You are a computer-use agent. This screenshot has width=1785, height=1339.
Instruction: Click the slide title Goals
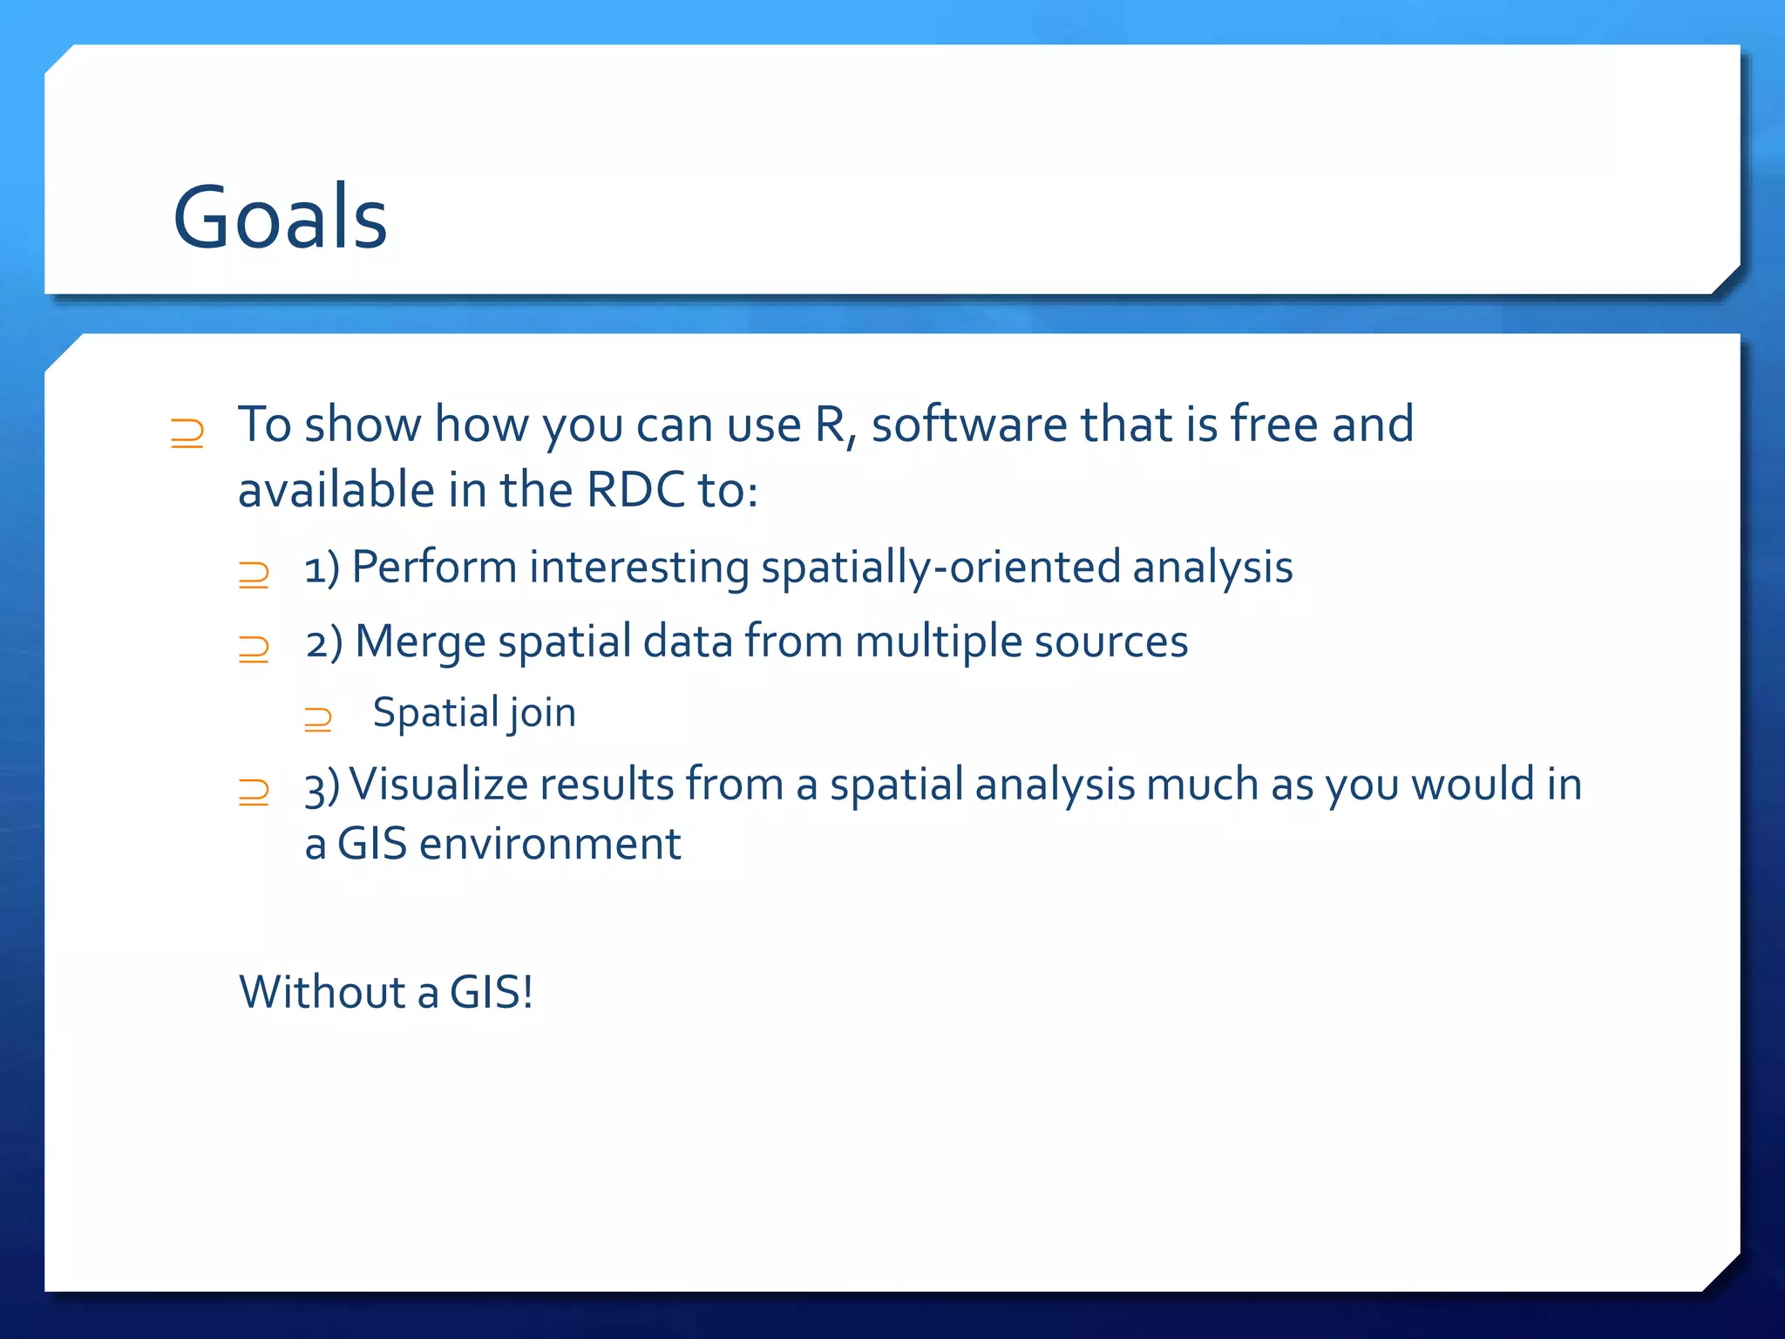coord(280,218)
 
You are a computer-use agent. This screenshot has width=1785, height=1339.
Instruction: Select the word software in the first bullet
coord(968,425)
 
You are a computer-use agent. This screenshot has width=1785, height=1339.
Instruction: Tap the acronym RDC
coord(635,490)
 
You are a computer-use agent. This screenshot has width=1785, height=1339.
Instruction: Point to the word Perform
coord(434,568)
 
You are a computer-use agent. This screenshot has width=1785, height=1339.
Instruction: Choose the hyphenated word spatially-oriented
coord(940,568)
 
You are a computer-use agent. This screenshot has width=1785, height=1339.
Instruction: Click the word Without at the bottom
coord(322,992)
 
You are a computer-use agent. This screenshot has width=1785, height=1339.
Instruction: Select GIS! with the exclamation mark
coord(491,992)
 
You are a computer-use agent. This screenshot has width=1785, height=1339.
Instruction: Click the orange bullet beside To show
coord(187,432)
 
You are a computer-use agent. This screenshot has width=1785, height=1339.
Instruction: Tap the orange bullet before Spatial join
coord(318,719)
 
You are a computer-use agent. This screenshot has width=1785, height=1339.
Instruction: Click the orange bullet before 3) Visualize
coord(254,792)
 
